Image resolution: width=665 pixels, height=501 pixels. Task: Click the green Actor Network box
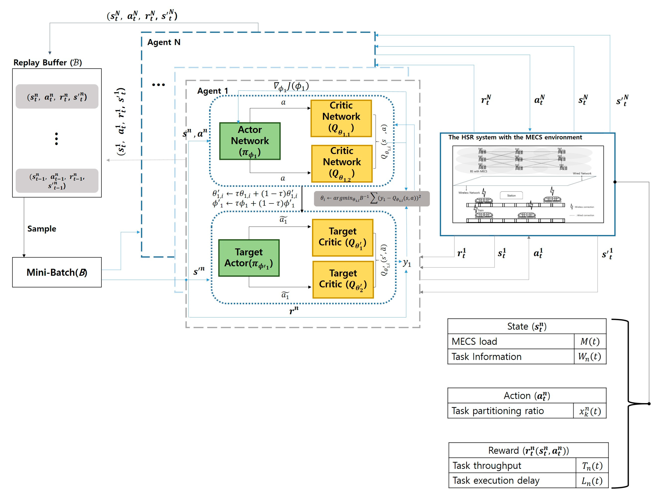click(x=250, y=141)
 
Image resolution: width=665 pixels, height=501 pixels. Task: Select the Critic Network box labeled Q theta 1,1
click(x=341, y=118)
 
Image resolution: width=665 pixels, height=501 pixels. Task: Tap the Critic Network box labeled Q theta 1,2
click(x=342, y=164)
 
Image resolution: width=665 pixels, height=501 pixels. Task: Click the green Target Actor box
click(x=249, y=258)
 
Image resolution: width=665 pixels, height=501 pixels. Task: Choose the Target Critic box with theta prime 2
click(x=343, y=279)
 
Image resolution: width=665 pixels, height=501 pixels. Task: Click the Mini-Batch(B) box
click(x=57, y=272)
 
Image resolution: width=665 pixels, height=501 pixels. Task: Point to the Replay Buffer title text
click(x=47, y=63)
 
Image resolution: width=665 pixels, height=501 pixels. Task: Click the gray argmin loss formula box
click(x=371, y=198)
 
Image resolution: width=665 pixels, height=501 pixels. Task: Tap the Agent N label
click(x=164, y=42)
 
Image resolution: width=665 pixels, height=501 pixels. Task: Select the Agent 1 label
click(x=213, y=91)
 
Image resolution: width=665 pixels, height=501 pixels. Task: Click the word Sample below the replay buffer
click(x=42, y=229)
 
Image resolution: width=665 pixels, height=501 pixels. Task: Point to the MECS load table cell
click(x=510, y=341)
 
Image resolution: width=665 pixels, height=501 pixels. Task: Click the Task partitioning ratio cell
click(x=510, y=410)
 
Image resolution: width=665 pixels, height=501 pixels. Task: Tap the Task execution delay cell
click(x=512, y=480)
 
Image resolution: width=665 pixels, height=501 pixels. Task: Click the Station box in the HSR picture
click(x=511, y=196)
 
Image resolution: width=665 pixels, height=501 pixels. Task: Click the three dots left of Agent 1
click(x=158, y=85)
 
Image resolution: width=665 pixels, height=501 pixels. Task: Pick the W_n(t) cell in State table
click(x=590, y=356)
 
